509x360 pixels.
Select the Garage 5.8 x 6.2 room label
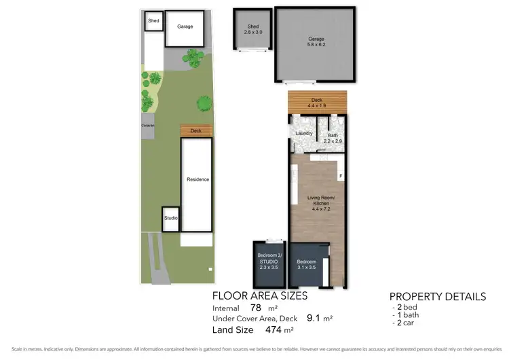click(x=314, y=41)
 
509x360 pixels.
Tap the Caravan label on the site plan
click(x=148, y=126)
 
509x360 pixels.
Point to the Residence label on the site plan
click(x=197, y=179)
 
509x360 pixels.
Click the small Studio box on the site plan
click(x=170, y=219)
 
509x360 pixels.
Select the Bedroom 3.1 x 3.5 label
click(x=307, y=264)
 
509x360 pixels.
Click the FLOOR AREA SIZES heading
click(x=260, y=295)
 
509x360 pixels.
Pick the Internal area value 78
click(x=256, y=307)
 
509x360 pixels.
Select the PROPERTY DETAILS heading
click(x=437, y=297)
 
